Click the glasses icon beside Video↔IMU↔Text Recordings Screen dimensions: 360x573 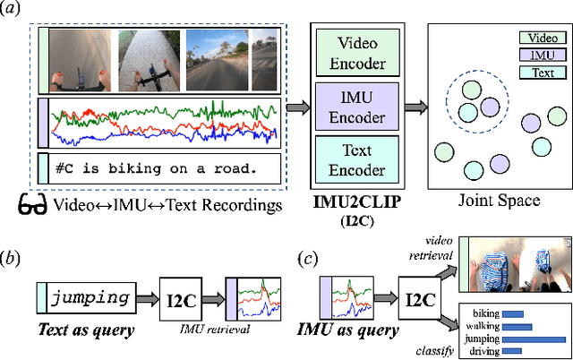coord(32,204)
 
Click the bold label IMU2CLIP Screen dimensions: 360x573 coord(357,205)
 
